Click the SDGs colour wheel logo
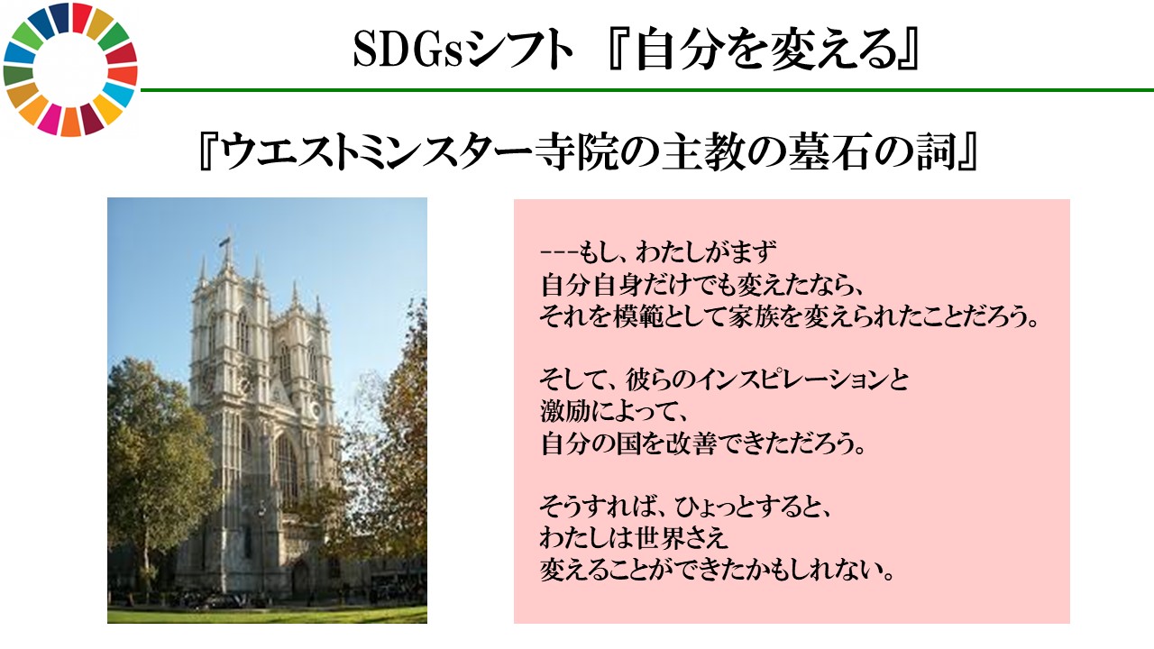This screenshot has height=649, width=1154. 70,70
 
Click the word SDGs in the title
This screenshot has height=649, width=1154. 407,52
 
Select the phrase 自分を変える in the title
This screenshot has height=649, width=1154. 763,52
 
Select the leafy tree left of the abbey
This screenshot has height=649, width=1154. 149,460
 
